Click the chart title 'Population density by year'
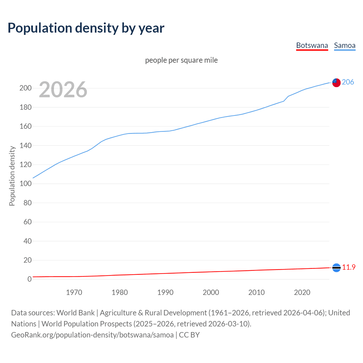(86, 28)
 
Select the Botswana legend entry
(312, 45)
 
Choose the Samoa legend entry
(345, 45)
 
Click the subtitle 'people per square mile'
(181, 60)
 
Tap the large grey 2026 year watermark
(63, 90)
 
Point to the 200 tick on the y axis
(25, 88)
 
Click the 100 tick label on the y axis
(25, 183)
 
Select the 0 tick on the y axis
(29, 279)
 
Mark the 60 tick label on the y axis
(28, 222)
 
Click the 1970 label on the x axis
(74, 292)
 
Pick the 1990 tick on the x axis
(165, 292)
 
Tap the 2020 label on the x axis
(302, 292)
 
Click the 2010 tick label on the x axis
(256, 292)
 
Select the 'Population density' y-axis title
(12, 176)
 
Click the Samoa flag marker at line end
(336, 83)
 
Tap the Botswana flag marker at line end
(336, 268)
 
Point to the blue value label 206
(348, 82)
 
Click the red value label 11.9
(349, 267)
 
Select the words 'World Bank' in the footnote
(75, 313)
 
